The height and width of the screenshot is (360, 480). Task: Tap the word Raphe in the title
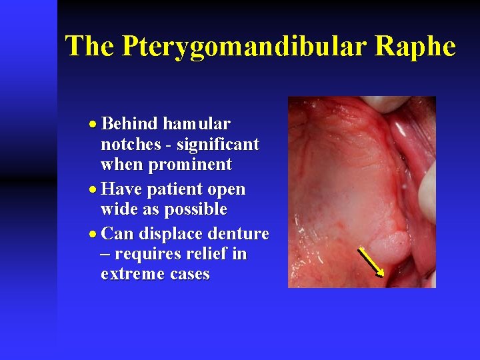tap(415, 47)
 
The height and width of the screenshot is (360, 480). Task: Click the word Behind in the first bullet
tap(130, 123)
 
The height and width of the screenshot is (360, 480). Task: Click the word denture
tap(239, 234)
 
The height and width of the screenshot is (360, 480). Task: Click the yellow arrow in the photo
tap(371, 261)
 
